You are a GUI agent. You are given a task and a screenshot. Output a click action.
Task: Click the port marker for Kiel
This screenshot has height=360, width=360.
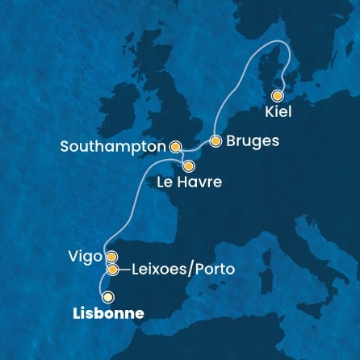tap(278, 94)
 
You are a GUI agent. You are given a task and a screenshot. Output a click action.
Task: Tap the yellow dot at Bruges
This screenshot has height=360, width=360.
tap(216, 140)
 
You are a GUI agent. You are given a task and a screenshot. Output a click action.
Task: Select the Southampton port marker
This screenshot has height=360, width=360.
tap(175, 147)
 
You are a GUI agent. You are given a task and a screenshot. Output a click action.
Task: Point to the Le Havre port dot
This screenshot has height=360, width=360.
tap(188, 166)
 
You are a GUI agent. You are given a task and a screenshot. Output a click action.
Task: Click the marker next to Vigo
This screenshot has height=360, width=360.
tap(111, 257)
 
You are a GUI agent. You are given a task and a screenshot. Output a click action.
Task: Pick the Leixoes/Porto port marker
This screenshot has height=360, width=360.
tap(113, 270)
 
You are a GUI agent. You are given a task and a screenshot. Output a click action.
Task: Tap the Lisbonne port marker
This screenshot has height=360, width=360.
tap(107, 297)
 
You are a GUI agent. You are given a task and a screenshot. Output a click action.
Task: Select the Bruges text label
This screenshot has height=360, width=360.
tap(253, 140)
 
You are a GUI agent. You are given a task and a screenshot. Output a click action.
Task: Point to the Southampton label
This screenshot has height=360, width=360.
tap(113, 147)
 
